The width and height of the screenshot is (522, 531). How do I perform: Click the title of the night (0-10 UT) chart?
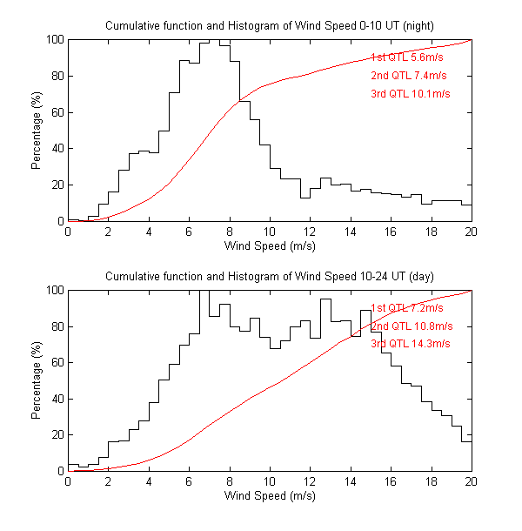pos(270,25)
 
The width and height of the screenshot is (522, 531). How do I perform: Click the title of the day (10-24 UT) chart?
pos(270,276)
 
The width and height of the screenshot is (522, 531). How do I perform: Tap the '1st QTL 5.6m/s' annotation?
pos(407,57)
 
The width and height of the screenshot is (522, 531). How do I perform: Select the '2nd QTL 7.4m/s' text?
pos(407,75)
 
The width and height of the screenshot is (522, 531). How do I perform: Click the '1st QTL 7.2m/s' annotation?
pos(407,307)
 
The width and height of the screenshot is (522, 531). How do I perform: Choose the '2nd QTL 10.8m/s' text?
pos(411,326)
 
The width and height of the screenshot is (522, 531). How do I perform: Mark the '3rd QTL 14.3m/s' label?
pos(411,344)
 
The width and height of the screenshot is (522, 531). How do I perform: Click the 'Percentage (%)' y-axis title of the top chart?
pos(37,131)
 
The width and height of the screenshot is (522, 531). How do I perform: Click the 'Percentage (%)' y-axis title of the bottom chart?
pos(37,380)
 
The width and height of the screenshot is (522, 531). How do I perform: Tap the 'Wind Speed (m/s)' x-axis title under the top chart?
pos(270,246)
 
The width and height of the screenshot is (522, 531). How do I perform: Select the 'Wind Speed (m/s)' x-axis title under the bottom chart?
pos(270,496)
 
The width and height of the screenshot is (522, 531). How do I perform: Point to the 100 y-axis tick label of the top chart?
pos(54,40)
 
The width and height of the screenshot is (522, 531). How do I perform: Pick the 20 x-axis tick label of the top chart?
pos(472,232)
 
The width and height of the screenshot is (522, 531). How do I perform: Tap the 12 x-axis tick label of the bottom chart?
pos(310,482)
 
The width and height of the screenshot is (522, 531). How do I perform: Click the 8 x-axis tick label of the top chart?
pos(230,232)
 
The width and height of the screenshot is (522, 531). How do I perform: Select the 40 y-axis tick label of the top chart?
pos(57,149)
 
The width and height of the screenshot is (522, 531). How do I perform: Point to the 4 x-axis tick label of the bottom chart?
pos(149,482)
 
